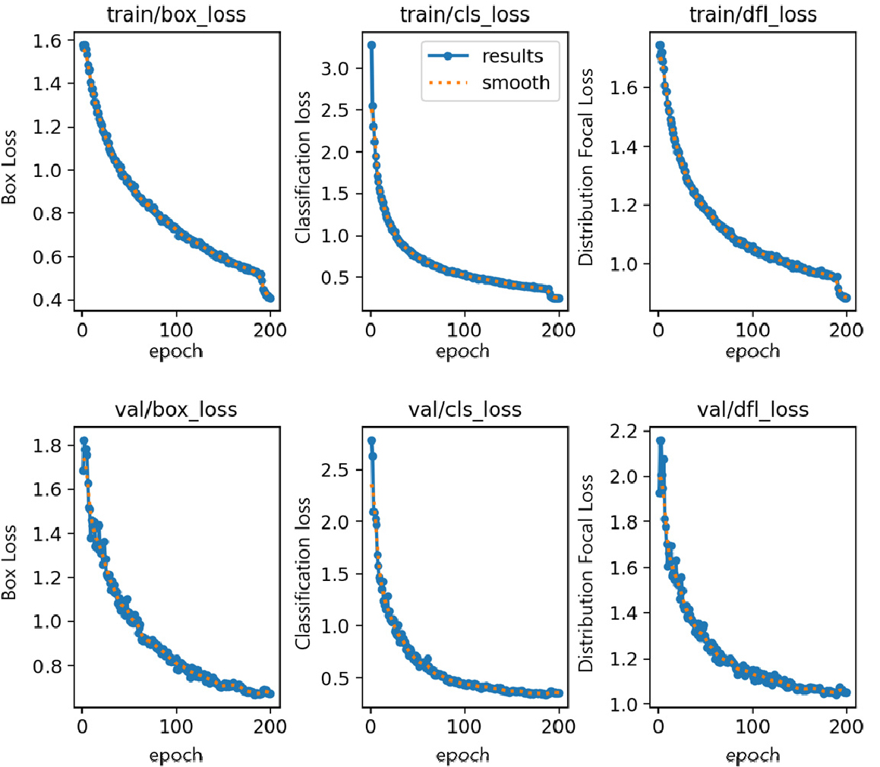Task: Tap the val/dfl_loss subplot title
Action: click(x=752, y=410)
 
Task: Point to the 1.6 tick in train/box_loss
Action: click(x=49, y=40)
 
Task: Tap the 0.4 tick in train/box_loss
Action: click(x=49, y=301)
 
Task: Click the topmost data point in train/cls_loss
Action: click(x=371, y=46)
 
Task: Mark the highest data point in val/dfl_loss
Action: click(x=660, y=440)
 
